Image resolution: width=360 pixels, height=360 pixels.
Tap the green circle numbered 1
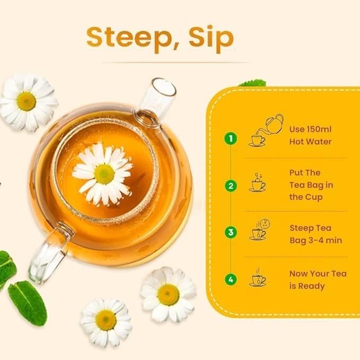click(x=230, y=139)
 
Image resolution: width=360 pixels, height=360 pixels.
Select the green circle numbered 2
click(x=230, y=186)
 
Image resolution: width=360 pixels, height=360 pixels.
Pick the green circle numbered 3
click(x=230, y=232)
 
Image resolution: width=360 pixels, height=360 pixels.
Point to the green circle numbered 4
click(x=230, y=279)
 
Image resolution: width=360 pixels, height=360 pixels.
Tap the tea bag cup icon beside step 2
click(x=258, y=182)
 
